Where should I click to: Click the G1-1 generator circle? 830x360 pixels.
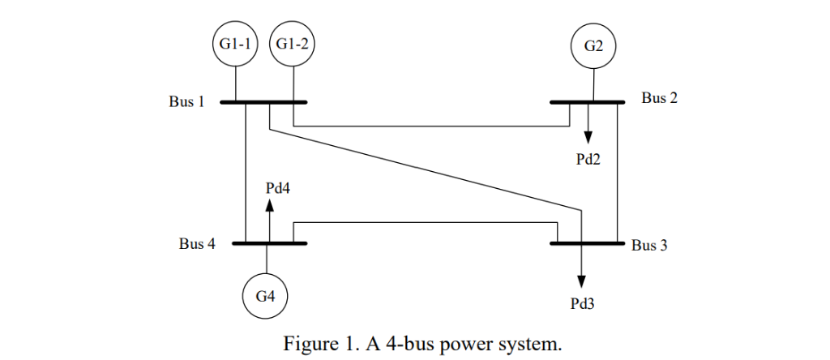(x=236, y=45)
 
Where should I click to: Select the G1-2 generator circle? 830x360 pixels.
(x=293, y=45)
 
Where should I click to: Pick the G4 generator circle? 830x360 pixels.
(x=267, y=296)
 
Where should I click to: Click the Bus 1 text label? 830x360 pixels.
(x=186, y=102)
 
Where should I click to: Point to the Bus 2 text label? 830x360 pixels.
(x=660, y=98)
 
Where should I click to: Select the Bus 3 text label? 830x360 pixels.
(x=649, y=245)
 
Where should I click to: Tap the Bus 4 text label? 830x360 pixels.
(x=197, y=244)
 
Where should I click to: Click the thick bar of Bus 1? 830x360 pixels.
(x=263, y=102)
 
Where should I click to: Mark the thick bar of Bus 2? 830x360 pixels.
(x=587, y=102)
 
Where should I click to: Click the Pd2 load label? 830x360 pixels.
(x=588, y=159)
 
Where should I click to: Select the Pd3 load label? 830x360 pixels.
(x=582, y=305)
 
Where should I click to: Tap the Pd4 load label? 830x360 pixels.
(x=278, y=187)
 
